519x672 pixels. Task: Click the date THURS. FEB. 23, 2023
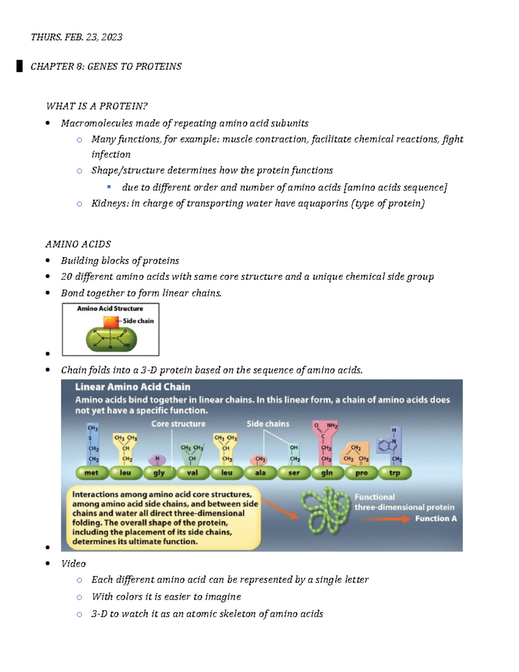pos(76,37)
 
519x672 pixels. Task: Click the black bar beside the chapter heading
pos(19,66)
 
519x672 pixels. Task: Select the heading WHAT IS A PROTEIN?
pos(96,106)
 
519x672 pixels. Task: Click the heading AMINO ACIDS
pos(78,244)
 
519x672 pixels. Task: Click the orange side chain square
pos(111,322)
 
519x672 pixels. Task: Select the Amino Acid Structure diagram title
pos(110,309)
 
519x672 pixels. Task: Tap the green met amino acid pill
pos(91,473)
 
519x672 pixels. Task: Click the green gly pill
pos(159,473)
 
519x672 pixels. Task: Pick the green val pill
pos(192,473)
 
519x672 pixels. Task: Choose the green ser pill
pos(294,473)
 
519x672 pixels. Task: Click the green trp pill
pos(394,473)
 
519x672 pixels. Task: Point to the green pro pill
pos(361,473)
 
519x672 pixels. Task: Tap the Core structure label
pos(178,424)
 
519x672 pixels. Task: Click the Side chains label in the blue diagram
pos(268,424)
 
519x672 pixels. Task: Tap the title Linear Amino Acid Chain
pos(132,387)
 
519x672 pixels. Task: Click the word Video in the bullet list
pos(74,564)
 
